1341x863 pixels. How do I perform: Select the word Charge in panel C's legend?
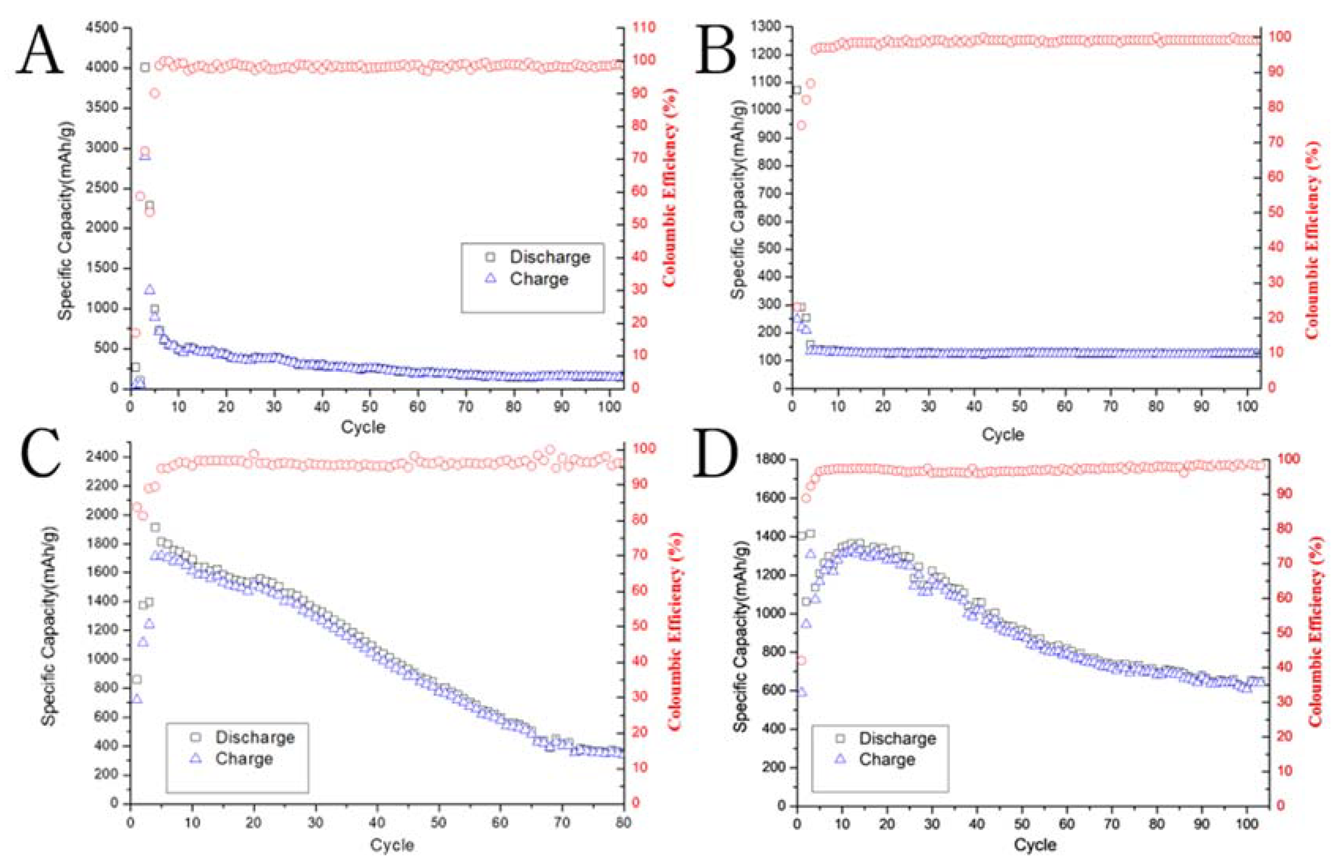click(x=244, y=759)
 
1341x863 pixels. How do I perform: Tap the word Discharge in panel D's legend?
click(x=897, y=739)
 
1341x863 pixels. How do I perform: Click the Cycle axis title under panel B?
click(x=1002, y=434)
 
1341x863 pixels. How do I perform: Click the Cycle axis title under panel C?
click(x=392, y=845)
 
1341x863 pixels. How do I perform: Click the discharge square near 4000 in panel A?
click(x=145, y=67)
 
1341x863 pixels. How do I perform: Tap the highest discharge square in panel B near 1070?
click(x=797, y=90)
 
